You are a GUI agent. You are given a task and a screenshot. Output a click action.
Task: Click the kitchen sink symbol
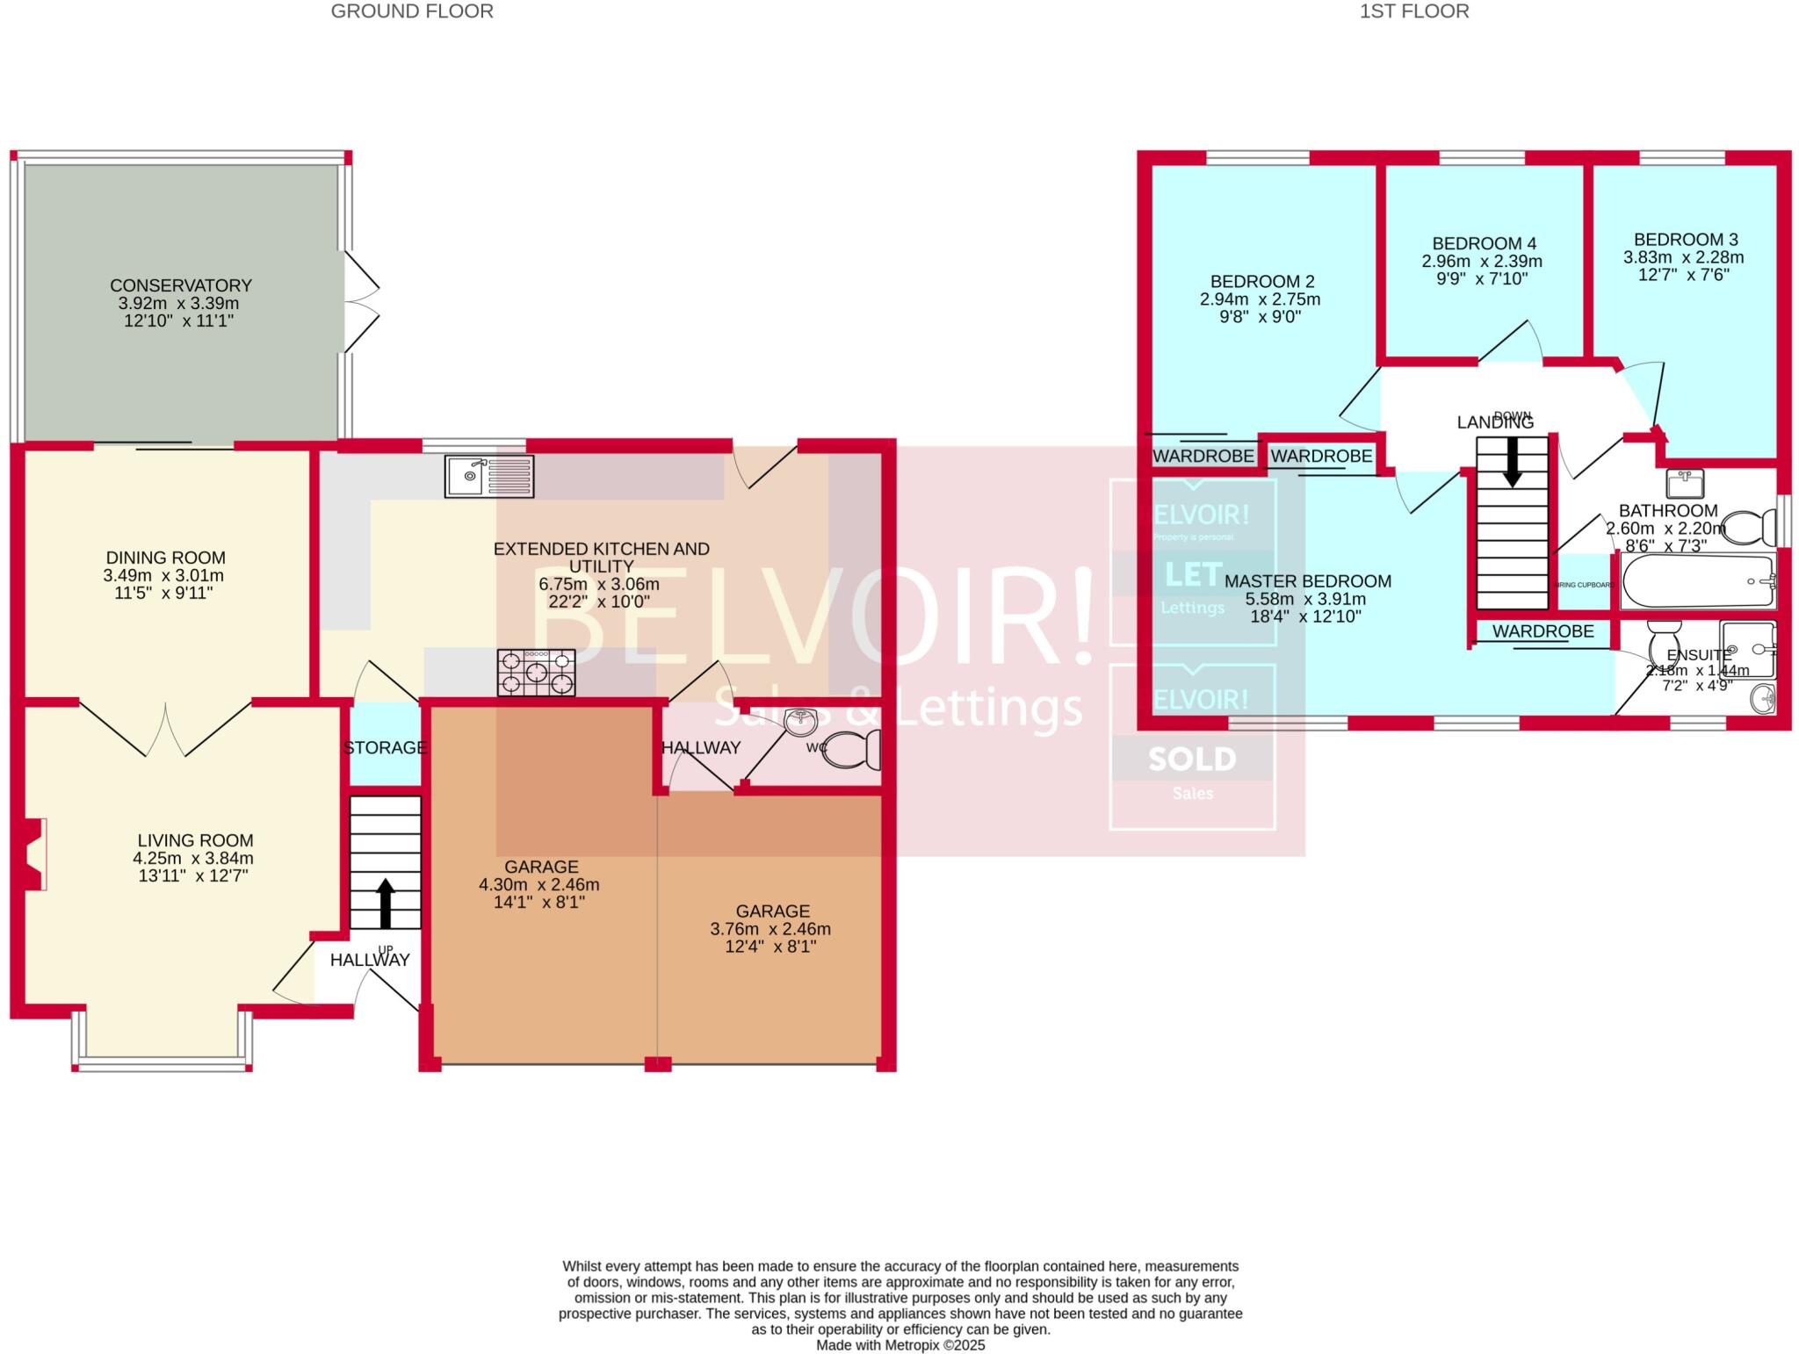(488, 476)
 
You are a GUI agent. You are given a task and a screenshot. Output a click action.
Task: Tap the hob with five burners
(536, 673)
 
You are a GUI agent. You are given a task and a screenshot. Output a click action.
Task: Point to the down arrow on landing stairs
(1512, 464)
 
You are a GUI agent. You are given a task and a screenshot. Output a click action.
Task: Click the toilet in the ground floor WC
(853, 749)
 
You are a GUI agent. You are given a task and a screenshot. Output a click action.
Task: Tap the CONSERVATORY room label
(181, 285)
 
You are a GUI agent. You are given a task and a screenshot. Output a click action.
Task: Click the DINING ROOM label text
(165, 558)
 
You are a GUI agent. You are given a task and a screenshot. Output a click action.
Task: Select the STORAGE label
(385, 747)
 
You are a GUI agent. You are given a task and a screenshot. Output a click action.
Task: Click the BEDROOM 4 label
(1484, 243)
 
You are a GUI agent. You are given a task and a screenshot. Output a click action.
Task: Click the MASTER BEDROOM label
(1307, 581)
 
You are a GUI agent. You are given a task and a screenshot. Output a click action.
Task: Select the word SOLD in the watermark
(1192, 759)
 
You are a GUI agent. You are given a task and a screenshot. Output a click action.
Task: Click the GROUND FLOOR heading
(412, 11)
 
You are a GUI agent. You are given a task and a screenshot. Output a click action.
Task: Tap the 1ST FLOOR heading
(1414, 11)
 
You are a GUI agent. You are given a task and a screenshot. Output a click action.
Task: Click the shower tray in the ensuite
(1748, 649)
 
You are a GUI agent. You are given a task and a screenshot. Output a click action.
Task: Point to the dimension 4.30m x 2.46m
(538, 884)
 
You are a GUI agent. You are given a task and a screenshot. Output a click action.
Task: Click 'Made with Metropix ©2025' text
(900, 1345)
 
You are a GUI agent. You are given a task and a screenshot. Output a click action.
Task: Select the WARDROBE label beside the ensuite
(1543, 631)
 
